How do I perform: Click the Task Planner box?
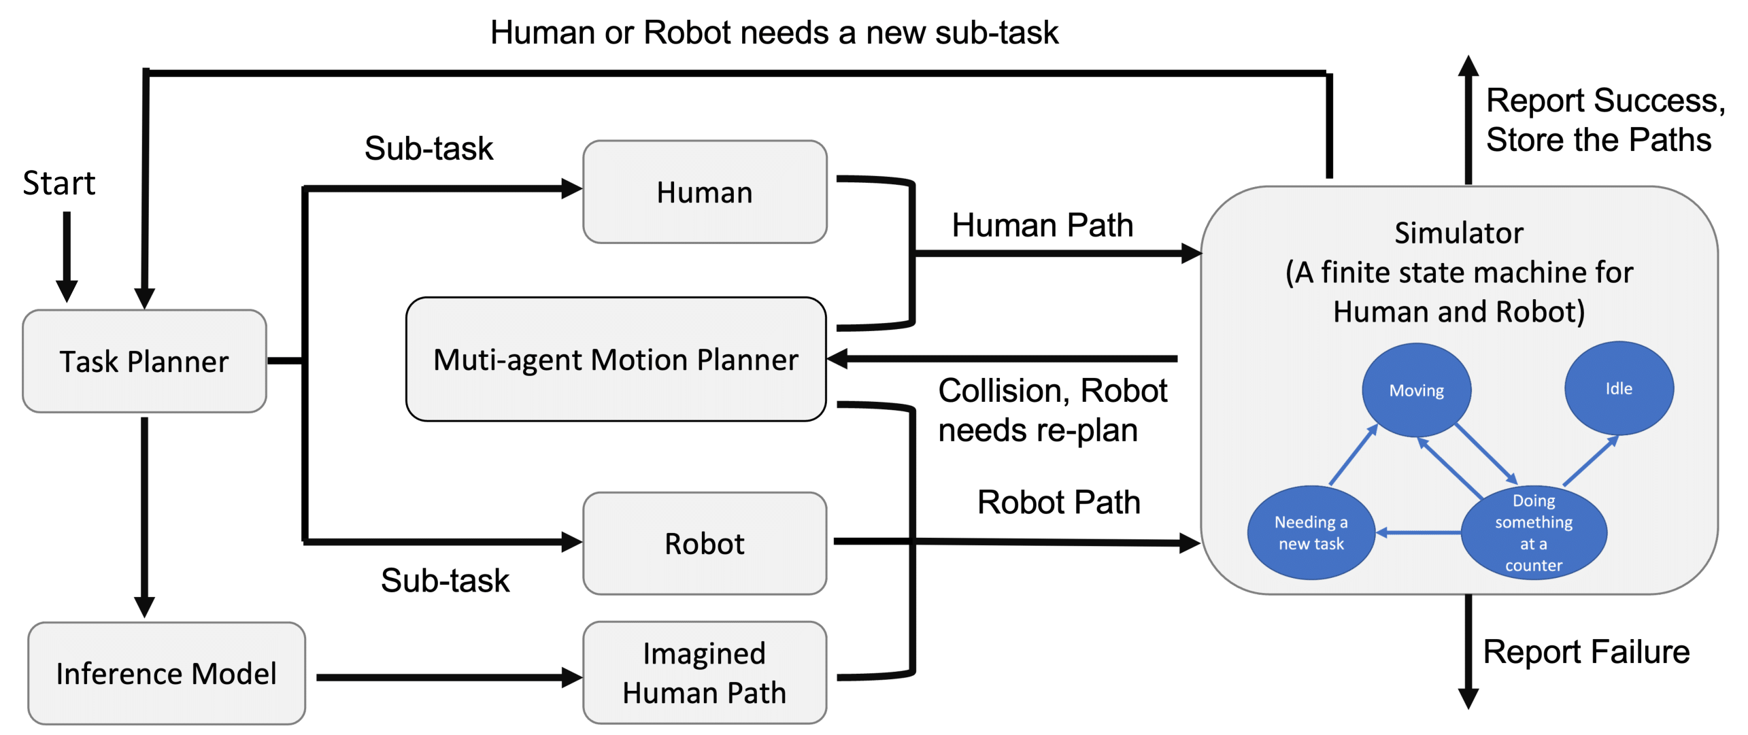[144, 361]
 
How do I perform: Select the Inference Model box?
[167, 673]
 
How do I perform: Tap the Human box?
[705, 192]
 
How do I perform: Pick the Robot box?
[705, 543]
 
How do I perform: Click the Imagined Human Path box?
[705, 672]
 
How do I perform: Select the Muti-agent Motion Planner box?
[616, 359]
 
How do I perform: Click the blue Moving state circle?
[1416, 390]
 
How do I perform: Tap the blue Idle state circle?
[1618, 388]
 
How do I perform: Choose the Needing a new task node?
[1311, 532]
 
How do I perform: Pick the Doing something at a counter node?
[1533, 532]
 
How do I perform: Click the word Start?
[59, 183]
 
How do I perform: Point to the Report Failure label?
[1586, 651]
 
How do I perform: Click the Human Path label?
[1042, 225]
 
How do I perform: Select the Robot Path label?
[1058, 502]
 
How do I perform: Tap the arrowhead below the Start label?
[67, 290]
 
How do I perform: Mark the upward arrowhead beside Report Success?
[1468, 66]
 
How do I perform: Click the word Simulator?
[1458, 233]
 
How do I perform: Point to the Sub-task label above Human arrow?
[428, 148]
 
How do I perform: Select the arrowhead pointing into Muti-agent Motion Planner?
[838, 358]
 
